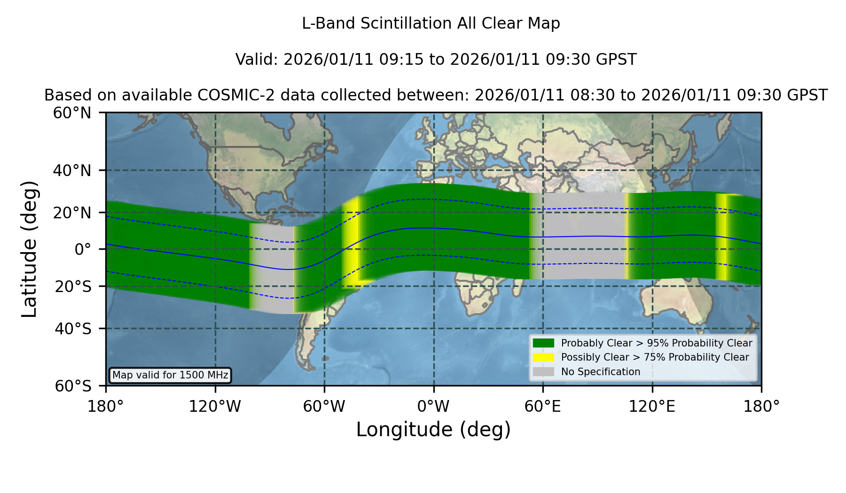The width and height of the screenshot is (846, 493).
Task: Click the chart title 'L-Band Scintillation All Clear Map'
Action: point(431,23)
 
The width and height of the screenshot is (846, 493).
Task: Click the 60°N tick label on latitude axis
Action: point(72,113)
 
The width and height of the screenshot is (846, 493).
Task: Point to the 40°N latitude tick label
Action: point(72,170)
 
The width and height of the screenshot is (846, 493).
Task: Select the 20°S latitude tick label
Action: point(73,286)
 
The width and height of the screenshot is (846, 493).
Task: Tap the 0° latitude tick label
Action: point(83,249)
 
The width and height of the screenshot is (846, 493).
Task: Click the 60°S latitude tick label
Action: point(73,386)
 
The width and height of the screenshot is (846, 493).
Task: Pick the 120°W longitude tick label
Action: point(215,406)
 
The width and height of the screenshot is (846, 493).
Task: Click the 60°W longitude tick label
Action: point(324,406)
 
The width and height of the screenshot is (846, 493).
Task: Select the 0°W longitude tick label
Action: point(434,406)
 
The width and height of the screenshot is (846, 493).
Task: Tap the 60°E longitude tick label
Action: point(543,406)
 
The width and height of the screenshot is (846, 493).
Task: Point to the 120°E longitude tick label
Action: point(652,406)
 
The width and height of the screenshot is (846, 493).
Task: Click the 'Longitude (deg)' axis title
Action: point(433,430)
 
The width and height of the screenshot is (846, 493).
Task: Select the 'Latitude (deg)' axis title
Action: point(29,249)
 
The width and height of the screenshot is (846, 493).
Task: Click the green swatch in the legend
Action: point(543,343)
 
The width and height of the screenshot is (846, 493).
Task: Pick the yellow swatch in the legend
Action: point(543,357)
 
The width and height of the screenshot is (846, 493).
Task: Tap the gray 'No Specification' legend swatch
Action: point(543,371)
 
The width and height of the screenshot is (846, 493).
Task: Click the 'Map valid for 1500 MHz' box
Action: point(170,375)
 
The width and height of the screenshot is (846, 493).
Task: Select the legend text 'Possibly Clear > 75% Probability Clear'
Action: point(655,357)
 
